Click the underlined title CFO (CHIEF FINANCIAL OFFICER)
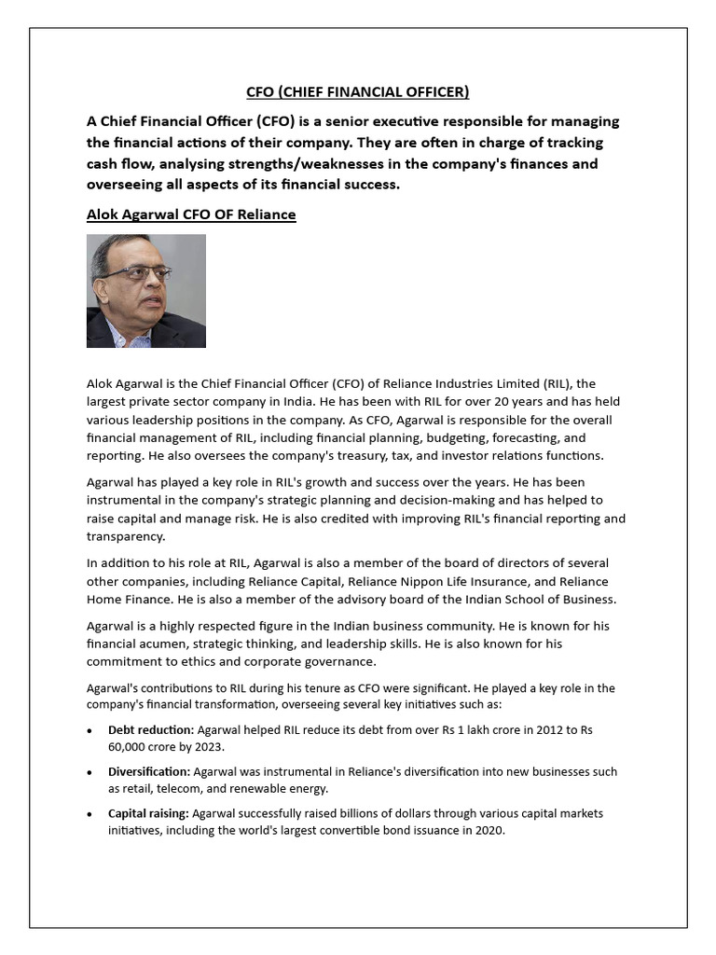pos(357,91)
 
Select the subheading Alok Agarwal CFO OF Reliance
pos(191,215)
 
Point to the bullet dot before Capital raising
pos(89,815)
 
